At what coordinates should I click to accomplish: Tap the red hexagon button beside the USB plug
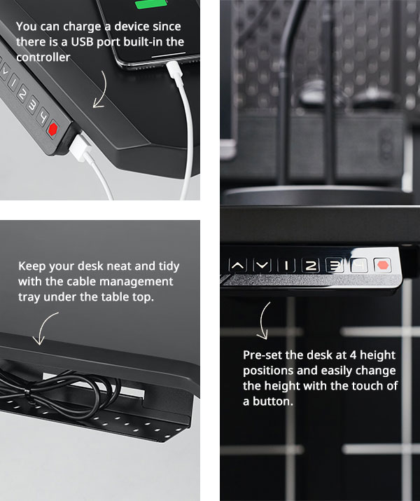pyautogui.click(x=52, y=129)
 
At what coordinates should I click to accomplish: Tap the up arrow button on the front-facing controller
pyautogui.click(x=238, y=266)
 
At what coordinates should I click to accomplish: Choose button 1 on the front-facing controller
pyautogui.click(x=286, y=266)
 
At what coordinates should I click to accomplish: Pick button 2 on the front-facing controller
pyautogui.click(x=311, y=266)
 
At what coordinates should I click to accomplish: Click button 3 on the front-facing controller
pyautogui.click(x=335, y=266)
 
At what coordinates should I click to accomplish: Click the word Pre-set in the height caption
pyautogui.click(x=262, y=355)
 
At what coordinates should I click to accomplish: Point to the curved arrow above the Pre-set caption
pyautogui.click(x=265, y=321)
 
